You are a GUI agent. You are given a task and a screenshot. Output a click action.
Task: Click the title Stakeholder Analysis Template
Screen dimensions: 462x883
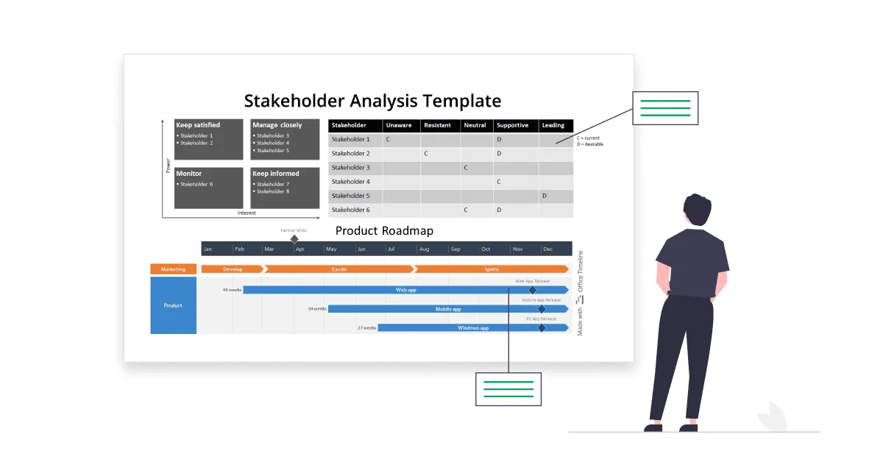(x=372, y=101)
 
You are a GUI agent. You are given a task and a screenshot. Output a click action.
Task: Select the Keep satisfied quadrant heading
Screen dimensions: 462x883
(x=198, y=125)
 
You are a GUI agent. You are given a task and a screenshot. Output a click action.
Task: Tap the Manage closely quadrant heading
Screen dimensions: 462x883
(x=277, y=125)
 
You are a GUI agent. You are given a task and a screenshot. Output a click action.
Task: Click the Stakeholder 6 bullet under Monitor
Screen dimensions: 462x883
(x=196, y=184)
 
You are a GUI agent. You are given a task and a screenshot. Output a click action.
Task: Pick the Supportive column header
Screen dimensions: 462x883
(x=512, y=125)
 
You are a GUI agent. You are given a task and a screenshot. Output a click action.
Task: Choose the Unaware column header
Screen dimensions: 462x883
(x=399, y=125)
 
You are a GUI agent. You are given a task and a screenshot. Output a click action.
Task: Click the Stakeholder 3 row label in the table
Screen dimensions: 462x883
(x=351, y=168)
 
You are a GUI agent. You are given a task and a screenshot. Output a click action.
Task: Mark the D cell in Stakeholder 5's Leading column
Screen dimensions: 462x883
(x=545, y=196)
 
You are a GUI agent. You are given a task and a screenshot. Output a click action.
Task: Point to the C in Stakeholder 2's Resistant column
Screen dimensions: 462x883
(x=425, y=154)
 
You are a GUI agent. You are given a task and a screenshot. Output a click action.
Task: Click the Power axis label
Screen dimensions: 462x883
(x=168, y=166)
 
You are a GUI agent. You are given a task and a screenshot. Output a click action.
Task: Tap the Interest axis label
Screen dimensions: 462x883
(x=247, y=213)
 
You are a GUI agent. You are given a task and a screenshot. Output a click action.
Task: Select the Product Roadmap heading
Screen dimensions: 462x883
(x=384, y=230)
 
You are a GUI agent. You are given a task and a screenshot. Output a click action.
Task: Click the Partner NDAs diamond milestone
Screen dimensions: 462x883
(x=294, y=239)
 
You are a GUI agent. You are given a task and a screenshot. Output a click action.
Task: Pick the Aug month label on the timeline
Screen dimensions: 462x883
(x=424, y=249)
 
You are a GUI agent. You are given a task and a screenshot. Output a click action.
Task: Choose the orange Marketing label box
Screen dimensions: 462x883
(x=174, y=269)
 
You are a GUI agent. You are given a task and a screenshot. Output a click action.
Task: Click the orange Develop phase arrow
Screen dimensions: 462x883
(x=233, y=269)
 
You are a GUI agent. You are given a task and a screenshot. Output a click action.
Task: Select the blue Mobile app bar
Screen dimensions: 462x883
(x=448, y=309)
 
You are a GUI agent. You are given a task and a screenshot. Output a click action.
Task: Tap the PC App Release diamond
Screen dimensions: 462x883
(x=542, y=327)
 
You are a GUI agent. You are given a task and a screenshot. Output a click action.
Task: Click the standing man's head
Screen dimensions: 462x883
(x=698, y=211)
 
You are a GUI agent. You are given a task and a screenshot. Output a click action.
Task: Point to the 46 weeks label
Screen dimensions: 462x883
(x=233, y=290)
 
